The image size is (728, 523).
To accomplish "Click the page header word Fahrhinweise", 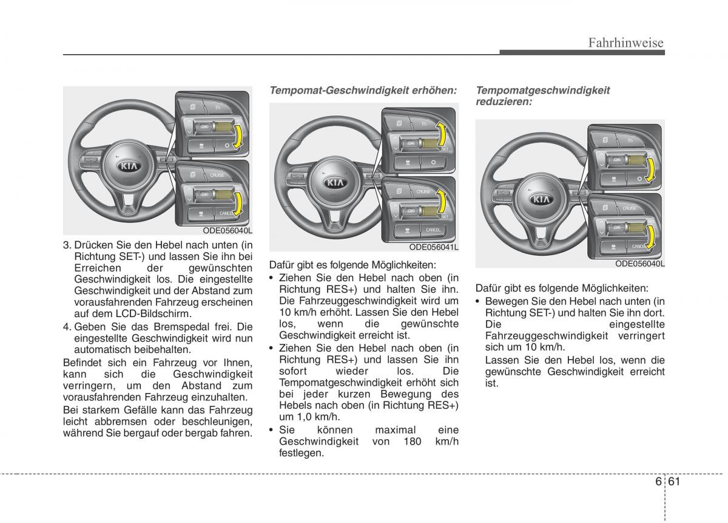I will coord(626,43).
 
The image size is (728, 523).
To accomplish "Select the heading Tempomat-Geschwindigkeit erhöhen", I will coord(363,90).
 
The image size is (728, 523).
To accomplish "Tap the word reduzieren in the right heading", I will coord(504,101).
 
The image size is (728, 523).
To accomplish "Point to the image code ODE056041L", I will coord(433,247).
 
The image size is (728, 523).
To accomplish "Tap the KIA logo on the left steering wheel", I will coord(127,165).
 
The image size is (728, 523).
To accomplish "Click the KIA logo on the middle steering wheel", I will coord(335,182).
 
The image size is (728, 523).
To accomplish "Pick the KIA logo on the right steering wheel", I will coord(542,199).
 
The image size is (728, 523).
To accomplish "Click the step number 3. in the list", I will coord(67,245).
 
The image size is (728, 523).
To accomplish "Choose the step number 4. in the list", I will coord(67,326).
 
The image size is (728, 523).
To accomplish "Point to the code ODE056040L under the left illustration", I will coord(227,231).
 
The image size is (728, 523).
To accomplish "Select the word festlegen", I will coord(302,453).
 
